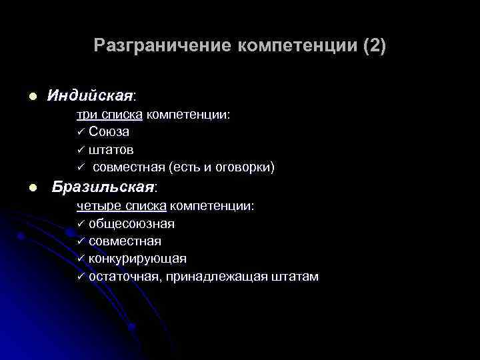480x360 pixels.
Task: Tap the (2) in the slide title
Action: (x=375, y=45)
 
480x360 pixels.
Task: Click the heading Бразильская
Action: (x=103, y=187)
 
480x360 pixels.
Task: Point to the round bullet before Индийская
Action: (x=31, y=97)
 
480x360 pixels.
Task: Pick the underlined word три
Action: (x=86, y=115)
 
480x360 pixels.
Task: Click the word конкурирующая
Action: (x=137, y=258)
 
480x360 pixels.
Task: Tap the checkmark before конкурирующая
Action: (x=81, y=258)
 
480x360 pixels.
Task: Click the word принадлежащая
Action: (x=212, y=276)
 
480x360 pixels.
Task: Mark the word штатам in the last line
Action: (x=294, y=276)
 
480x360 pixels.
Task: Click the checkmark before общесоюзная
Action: (x=81, y=223)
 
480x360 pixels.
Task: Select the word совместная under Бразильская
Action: (x=125, y=241)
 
